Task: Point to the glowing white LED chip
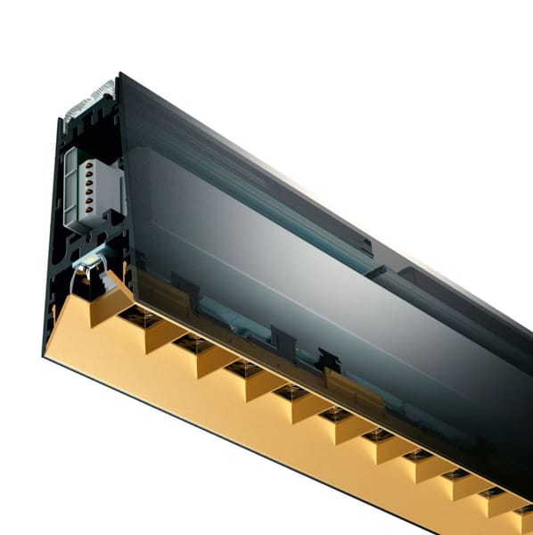point(89,261)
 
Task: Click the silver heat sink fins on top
point(89,99)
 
